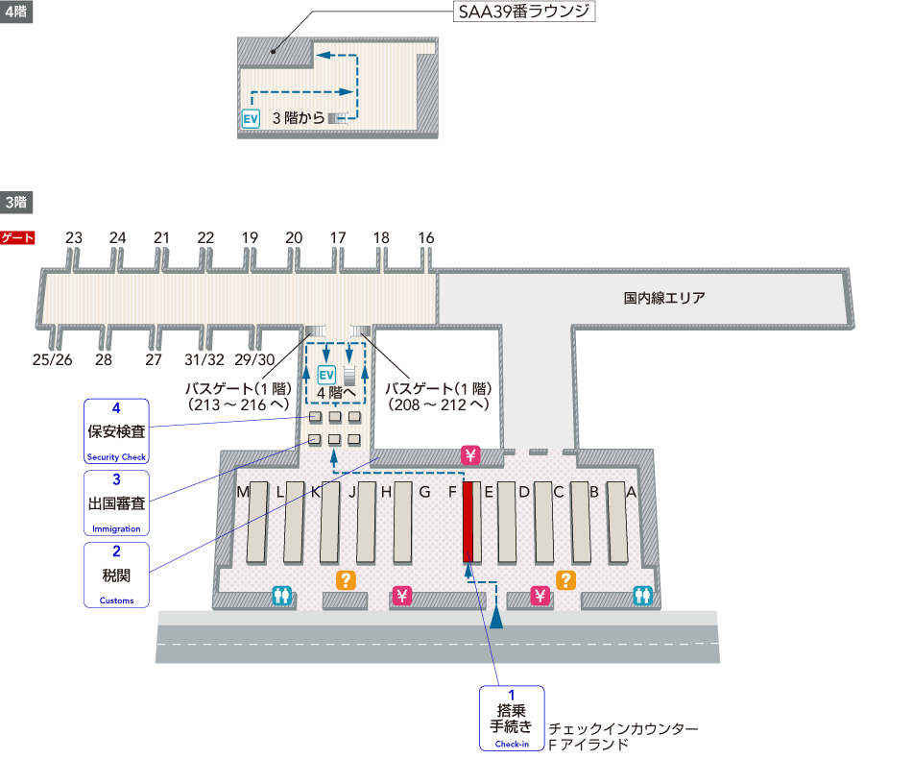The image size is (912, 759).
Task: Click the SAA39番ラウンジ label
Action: pos(524,12)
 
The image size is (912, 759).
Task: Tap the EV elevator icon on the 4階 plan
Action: pos(252,118)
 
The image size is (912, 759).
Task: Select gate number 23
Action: pos(74,238)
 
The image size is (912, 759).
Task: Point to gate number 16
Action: pos(426,238)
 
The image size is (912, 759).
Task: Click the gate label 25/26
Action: pos(52,359)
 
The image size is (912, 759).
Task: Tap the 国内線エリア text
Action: pos(663,298)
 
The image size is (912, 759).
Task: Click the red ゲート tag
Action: pos(17,237)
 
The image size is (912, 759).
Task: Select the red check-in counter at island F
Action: pos(468,522)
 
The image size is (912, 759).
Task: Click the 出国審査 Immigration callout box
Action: pos(116,502)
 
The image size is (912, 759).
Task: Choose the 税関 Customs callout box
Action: pos(116,575)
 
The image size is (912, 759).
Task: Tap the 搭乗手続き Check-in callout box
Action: pos(512,718)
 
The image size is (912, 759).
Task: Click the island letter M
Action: pos(244,492)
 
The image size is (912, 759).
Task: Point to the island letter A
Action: pos(631,492)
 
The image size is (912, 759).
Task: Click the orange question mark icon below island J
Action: pos(345,579)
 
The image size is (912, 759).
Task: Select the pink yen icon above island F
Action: pos(470,454)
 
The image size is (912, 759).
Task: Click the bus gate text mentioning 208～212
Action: pos(438,397)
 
